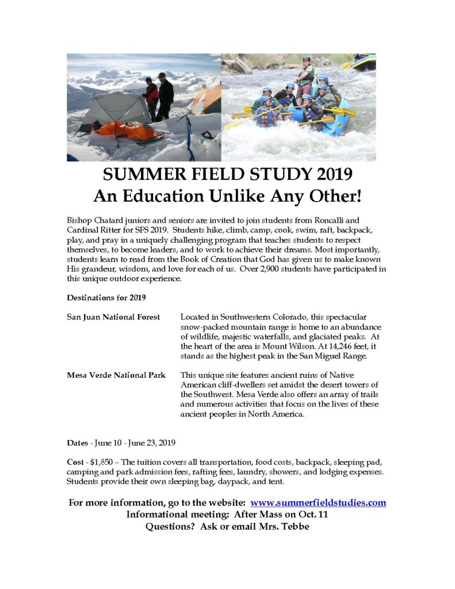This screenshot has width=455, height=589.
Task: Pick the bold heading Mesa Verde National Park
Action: tap(116, 375)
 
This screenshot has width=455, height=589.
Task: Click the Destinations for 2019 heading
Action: tap(106, 297)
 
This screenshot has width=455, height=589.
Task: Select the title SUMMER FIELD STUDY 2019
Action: tap(227, 174)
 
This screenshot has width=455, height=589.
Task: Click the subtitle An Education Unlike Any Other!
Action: tap(227, 196)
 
